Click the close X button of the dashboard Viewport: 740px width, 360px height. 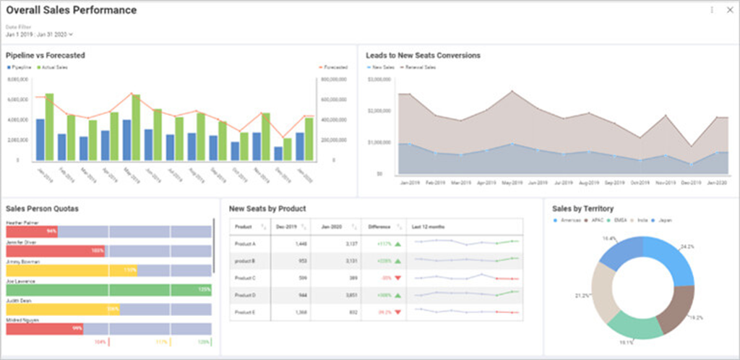click(x=729, y=10)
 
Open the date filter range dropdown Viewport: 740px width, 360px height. click(x=40, y=34)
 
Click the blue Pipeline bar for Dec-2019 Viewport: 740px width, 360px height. click(x=278, y=153)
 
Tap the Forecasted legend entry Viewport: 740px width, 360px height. click(x=335, y=67)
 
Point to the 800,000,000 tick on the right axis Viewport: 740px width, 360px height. click(x=334, y=79)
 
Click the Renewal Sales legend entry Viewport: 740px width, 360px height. click(x=422, y=67)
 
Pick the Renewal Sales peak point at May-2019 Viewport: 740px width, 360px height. click(x=512, y=91)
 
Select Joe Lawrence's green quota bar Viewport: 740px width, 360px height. click(x=108, y=290)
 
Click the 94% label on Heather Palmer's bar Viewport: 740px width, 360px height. click(x=51, y=231)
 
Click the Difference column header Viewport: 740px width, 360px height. click(x=379, y=227)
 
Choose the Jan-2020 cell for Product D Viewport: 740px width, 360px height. click(x=338, y=295)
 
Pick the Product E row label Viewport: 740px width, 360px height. click(x=244, y=312)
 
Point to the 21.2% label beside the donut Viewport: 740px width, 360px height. click(x=581, y=296)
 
